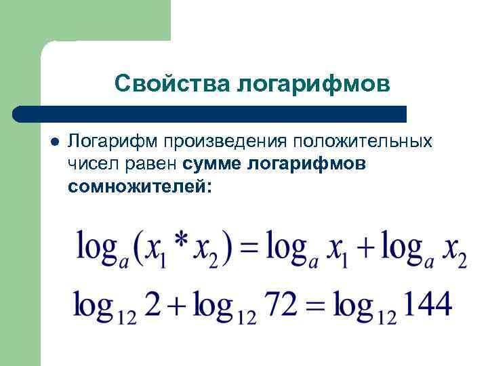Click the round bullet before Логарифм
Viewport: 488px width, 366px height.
55,142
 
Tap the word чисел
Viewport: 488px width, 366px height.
89,163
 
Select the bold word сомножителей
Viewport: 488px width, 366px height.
140,185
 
